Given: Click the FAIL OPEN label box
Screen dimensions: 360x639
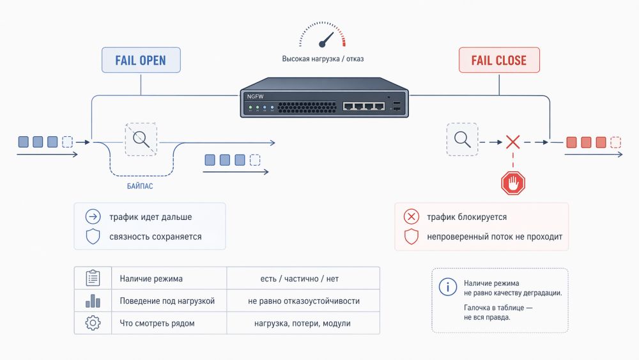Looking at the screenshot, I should pyautogui.click(x=141, y=61).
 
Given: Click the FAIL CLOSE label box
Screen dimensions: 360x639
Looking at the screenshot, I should pyautogui.click(x=499, y=61).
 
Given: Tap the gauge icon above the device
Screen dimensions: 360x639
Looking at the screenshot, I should pyautogui.click(x=323, y=36).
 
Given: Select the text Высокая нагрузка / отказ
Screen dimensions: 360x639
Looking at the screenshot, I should pyautogui.click(x=323, y=59).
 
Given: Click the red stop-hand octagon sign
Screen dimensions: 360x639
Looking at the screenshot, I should pyautogui.click(x=512, y=184).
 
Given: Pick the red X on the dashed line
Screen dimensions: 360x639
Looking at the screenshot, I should pyautogui.click(x=512, y=142).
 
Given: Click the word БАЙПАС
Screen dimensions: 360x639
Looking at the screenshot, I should pyautogui.click(x=139, y=186).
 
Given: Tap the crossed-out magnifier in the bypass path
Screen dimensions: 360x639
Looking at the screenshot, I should pyautogui.click(x=141, y=139).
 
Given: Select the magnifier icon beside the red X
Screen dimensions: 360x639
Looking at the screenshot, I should pyautogui.click(x=461, y=139).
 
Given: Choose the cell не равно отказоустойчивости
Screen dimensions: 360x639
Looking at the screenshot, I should pyautogui.click(x=303, y=301).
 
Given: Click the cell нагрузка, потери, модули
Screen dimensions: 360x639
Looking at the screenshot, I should pyautogui.click(x=303, y=324).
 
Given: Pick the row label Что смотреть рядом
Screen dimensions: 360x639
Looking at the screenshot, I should pyautogui.click(x=157, y=324).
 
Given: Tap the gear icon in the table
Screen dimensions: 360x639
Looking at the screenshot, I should pyautogui.click(x=93, y=324).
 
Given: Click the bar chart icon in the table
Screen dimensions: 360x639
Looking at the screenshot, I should pyautogui.click(x=93, y=301).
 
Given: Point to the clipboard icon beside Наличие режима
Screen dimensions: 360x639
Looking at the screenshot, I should pyautogui.click(x=93, y=278).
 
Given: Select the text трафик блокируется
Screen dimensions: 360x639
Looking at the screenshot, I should pyautogui.click(x=467, y=217).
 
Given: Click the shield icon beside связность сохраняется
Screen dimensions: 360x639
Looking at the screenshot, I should pyautogui.click(x=93, y=237).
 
